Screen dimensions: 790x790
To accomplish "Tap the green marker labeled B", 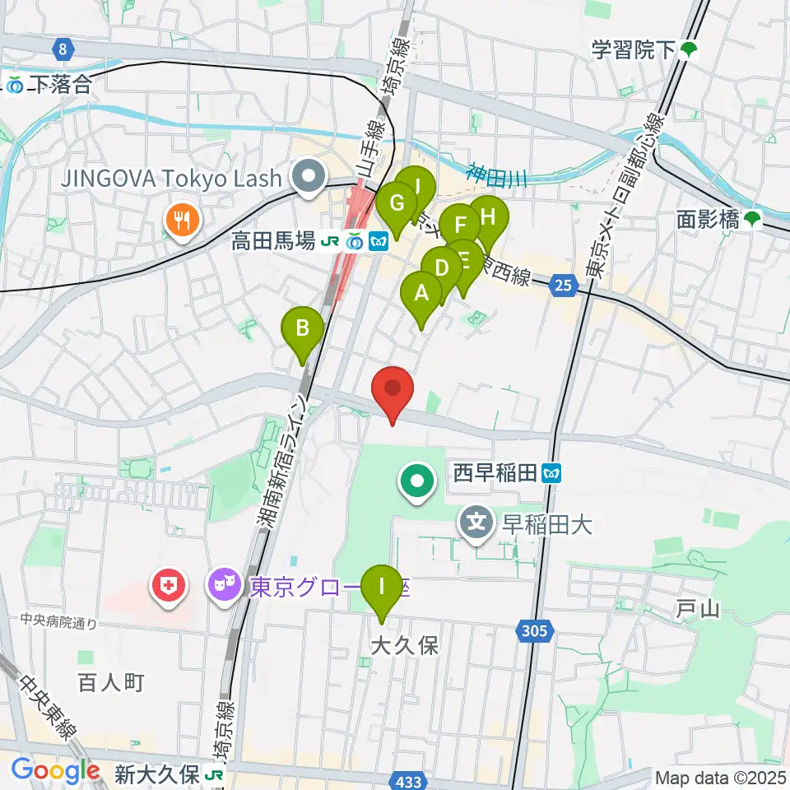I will pos(303,329).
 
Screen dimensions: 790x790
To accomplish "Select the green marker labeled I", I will pos(381,588).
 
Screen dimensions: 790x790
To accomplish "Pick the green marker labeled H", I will pos(488,219).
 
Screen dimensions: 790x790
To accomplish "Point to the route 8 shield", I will pos(63,50).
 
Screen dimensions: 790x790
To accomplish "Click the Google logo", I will pos(55,770).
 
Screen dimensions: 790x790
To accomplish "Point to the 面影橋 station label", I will pos(709,219).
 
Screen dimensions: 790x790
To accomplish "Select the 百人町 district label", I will pos(112,681).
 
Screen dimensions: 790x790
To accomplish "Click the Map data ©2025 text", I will pos(721,777).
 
